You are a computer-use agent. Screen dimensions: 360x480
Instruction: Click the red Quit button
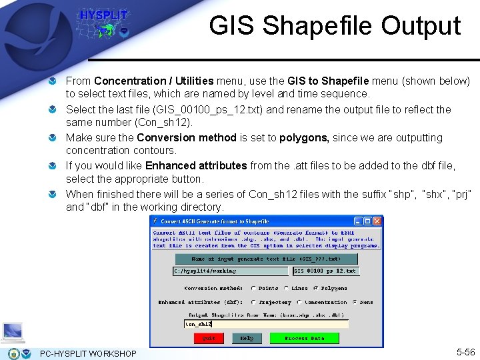(x=208, y=338)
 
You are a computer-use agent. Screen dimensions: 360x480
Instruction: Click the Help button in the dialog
(x=247, y=338)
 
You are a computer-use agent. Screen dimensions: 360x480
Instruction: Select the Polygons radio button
(x=317, y=289)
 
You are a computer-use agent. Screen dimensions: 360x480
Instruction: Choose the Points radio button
(x=254, y=289)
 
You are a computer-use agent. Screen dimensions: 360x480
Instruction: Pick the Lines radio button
(x=286, y=289)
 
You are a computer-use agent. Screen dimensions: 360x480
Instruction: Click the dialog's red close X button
(x=377, y=221)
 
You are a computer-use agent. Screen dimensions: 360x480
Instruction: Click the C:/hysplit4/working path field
(x=231, y=271)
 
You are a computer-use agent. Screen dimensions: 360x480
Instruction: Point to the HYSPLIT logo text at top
(x=103, y=15)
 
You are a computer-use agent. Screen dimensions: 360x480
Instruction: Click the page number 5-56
(x=465, y=352)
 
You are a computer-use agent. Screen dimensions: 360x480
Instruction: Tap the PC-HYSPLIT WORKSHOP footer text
(x=88, y=353)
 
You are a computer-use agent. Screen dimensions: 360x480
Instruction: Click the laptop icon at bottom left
(x=13, y=332)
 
